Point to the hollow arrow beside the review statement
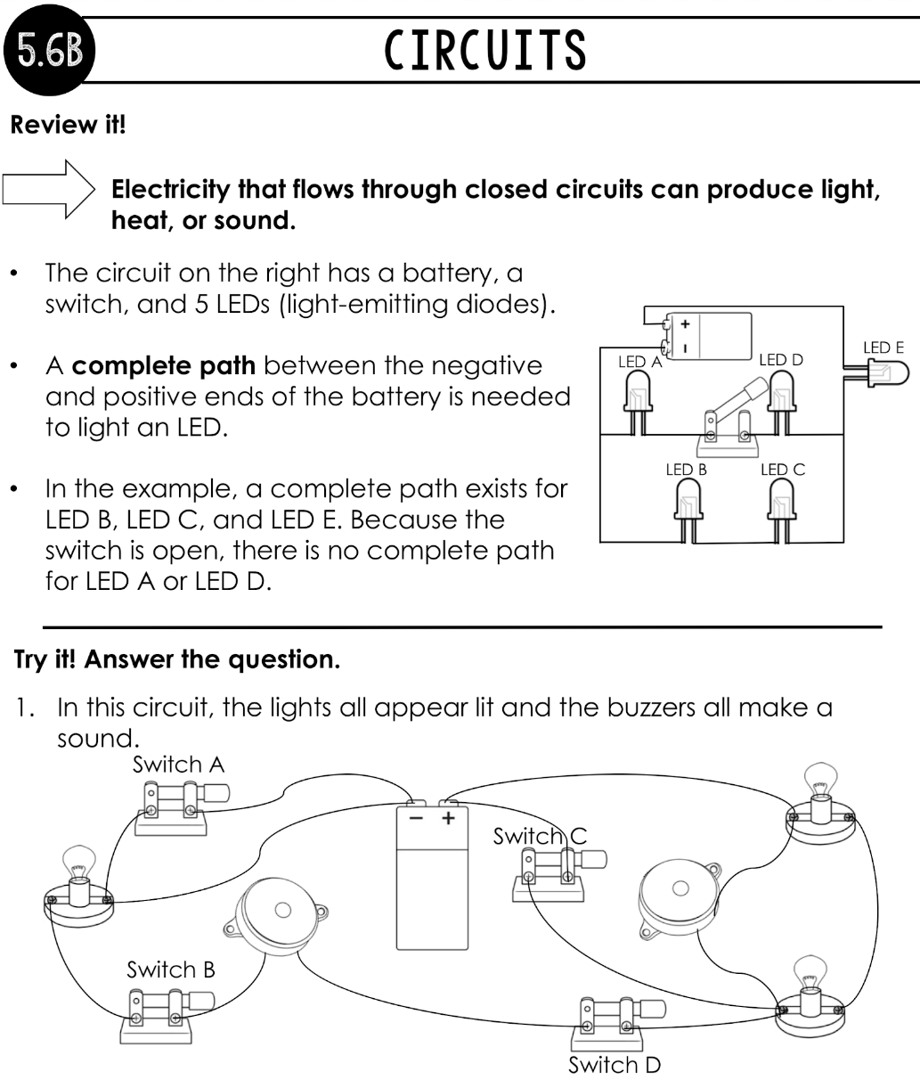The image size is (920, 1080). point(49,190)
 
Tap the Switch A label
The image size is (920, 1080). point(178,764)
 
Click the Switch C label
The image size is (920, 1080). point(540,836)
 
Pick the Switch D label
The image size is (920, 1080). point(614,1065)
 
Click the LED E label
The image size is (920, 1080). point(883,348)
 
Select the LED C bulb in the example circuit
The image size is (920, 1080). point(782,503)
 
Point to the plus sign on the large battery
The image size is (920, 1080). point(449,816)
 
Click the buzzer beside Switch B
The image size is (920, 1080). point(273,918)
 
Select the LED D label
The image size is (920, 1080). point(781,360)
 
